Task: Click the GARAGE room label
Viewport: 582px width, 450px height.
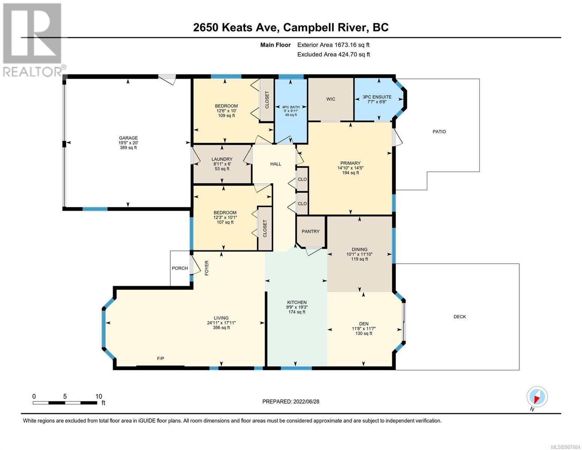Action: [x=128, y=138]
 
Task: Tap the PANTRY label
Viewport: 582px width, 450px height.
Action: [x=310, y=231]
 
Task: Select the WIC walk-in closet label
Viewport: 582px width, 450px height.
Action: [x=331, y=99]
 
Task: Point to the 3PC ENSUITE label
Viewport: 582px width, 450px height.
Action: [x=377, y=97]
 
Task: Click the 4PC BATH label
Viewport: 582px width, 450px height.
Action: [x=291, y=107]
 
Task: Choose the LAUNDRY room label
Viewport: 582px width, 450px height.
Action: [x=222, y=159]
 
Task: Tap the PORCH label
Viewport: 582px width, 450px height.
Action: [x=180, y=268]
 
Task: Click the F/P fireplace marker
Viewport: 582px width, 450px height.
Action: [x=160, y=358]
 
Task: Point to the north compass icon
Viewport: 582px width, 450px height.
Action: [x=537, y=397]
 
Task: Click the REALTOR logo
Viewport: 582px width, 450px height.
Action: [x=33, y=40]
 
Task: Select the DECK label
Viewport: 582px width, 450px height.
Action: [x=459, y=316]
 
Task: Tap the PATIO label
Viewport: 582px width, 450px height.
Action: [x=439, y=132]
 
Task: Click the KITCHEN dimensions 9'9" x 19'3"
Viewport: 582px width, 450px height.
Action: [x=297, y=307]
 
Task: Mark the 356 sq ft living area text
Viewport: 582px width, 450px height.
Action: [x=221, y=327]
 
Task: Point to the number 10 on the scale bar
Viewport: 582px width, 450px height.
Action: [x=99, y=396]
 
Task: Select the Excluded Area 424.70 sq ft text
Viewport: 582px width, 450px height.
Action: [x=334, y=54]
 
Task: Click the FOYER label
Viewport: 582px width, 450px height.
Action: [x=206, y=268]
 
